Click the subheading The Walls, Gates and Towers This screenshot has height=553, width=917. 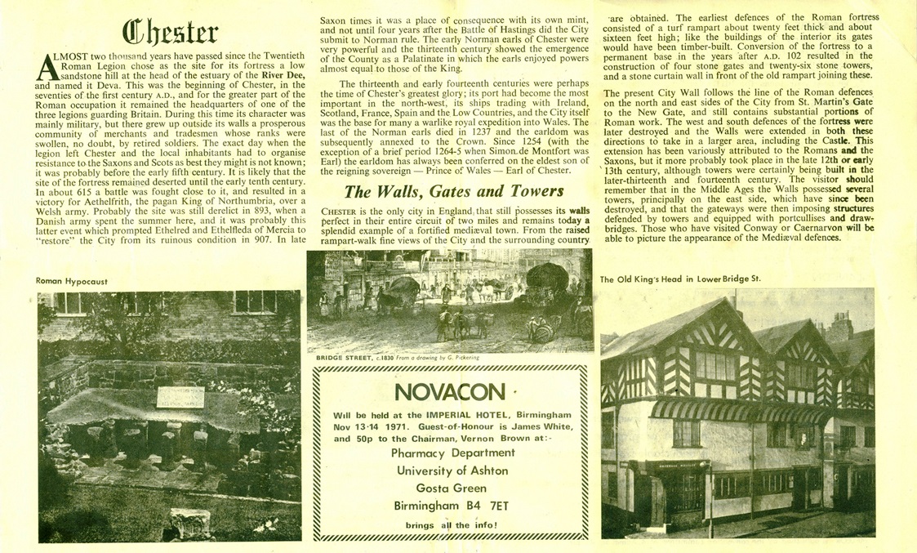pos(453,193)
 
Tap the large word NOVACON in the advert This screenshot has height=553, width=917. pos(444,391)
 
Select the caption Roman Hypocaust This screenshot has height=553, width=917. pos(72,281)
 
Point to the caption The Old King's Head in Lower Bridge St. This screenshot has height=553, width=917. pos(680,279)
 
